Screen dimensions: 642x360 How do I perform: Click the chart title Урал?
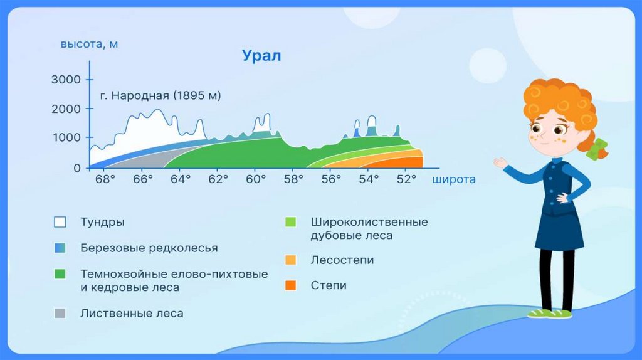pyautogui.click(x=261, y=55)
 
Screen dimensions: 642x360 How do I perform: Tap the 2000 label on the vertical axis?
pyautogui.click(x=66, y=109)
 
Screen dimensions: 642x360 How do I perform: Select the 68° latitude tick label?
pyautogui.click(x=105, y=179)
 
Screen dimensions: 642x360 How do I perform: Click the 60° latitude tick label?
pyautogui.click(x=256, y=179)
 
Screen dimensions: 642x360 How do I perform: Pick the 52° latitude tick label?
pyautogui.click(x=406, y=179)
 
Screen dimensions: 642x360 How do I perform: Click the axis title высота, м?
pyautogui.click(x=89, y=44)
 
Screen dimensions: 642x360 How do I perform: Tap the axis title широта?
pyautogui.click(x=454, y=179)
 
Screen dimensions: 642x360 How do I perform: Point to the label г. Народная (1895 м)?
pyautogui.click(x=160, y=95)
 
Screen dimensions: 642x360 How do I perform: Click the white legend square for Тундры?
pyautogui.click(x=60, y=222)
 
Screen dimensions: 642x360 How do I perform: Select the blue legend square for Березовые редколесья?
pyautogui.click(x=60, y=248)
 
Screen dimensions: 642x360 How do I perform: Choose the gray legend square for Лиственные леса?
pyautogui.click(x=60, y=314)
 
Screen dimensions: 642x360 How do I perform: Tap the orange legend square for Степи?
pyautogui.click(x=291, y=285)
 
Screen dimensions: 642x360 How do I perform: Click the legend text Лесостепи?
pyautogui.click(x=342, y=260)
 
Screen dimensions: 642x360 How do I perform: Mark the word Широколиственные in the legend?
pyautogui.click(x=369, y=222)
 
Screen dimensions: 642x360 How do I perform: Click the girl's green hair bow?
pyautogui.click(x=597, y=149)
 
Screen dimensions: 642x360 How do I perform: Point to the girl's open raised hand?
pyautogui.click(x=500, y=162)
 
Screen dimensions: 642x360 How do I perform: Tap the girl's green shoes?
pyautogui.click(x=549, y=314)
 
